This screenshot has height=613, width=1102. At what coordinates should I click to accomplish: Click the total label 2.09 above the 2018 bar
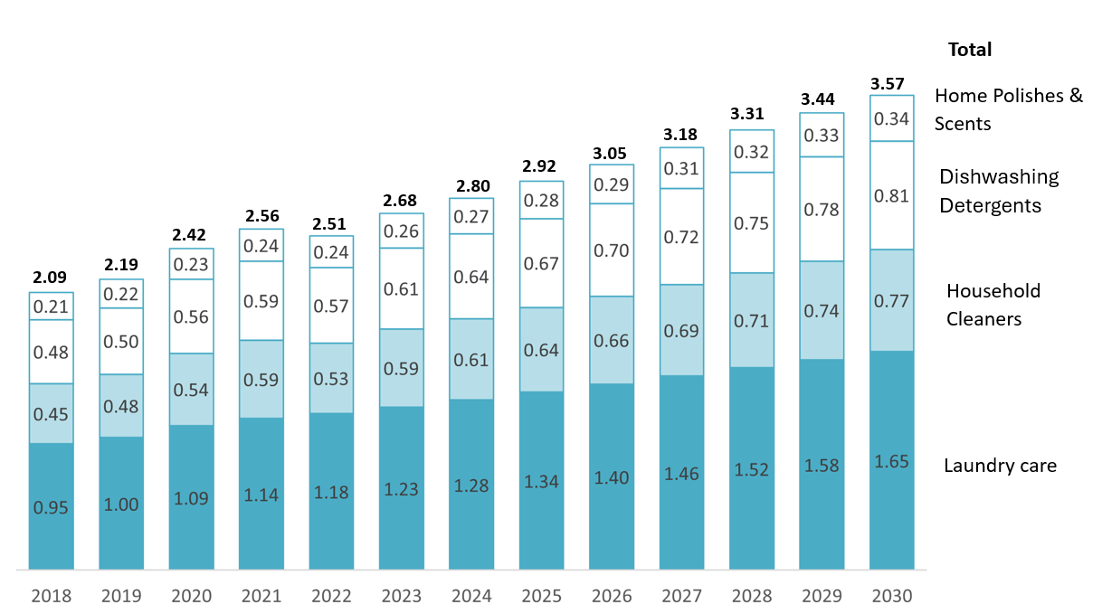pyautogui.click(x=51, y=278)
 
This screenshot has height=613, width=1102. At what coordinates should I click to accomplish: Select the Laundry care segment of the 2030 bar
pyautogui.click(x=892, y=460)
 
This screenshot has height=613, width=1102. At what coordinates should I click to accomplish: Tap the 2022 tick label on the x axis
pyautogui.click(x=331, y=597)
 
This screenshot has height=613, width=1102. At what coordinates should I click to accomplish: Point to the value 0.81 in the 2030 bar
pyautogui.click(x=892, y=195)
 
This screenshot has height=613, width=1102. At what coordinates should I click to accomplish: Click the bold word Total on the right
pyautogui.click(x=970, y=50)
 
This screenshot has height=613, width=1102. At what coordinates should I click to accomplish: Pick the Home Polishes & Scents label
pyautogui.click(x=1007, y=109)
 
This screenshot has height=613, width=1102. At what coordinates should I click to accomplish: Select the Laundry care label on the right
pyautogui.click(x=1000, y=466)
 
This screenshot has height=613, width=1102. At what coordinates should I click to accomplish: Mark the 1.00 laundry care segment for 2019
pyautogui.click(x=121, y=504)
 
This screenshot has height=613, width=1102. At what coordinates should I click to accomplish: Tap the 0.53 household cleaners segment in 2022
pyautogui.click(x=331, y=378)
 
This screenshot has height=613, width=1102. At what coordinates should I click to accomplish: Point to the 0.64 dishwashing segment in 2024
pyautogui.click(x=471, y=277)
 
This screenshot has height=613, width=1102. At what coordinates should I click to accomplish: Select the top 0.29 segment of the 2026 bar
pyautogui.click(x=612, y=184)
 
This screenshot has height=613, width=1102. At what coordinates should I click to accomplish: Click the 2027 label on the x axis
pyautogui.click(x=681, y=597)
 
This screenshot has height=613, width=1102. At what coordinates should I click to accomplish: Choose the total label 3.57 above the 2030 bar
pyautogui.click(x=892, y=83)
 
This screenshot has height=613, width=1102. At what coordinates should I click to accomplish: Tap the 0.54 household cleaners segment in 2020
pyautogui.click(x=191, y=390)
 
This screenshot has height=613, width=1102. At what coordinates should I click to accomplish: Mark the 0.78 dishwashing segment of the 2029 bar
pyautogui.click(x=822, y=209)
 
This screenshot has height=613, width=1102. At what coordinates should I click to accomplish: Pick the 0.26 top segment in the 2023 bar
pyautogui.click(x=401, y=231)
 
